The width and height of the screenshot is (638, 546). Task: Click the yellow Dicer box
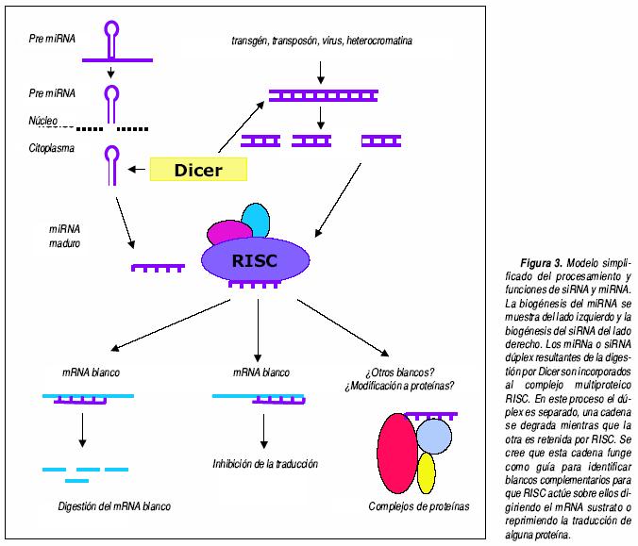point(198,170)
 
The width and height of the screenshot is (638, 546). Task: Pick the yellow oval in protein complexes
point(427,473)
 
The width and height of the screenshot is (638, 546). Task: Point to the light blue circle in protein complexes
point(435,435)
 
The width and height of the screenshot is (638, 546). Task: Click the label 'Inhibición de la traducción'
point(265,464)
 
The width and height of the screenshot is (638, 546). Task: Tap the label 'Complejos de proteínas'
point(418,506)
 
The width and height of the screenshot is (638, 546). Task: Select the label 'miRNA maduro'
point(67,236)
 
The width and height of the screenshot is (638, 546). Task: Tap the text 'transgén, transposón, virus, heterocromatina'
point(321,41)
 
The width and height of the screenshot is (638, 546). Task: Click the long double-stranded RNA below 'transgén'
point(320,94)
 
